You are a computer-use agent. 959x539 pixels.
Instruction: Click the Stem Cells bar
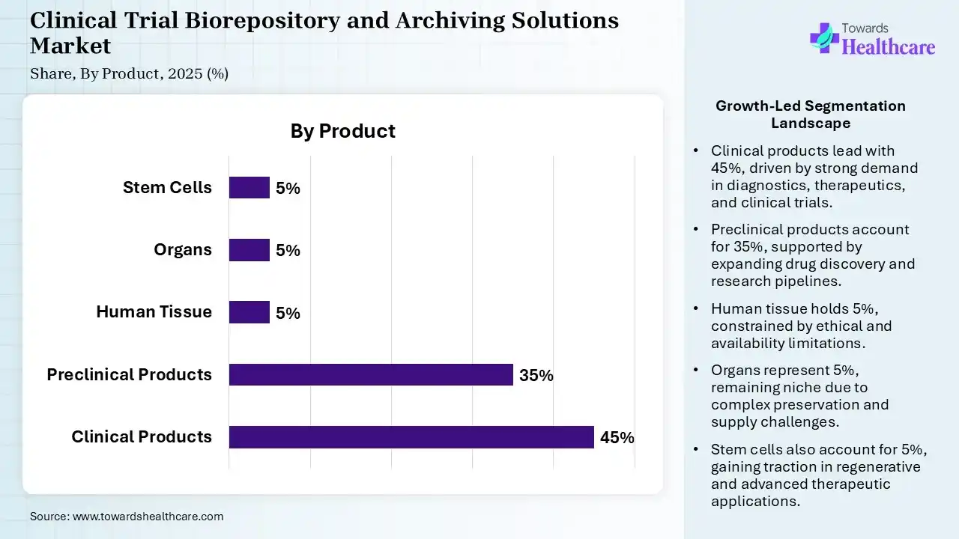pos(249,188)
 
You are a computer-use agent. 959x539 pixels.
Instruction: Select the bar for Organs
pos(249,250)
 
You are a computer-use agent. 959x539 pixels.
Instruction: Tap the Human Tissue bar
pos(249,312)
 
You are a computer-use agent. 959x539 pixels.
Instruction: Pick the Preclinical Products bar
pos(371,374)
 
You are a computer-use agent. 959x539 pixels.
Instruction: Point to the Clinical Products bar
pos(411,437)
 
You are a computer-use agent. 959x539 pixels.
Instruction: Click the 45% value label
pos(617,438)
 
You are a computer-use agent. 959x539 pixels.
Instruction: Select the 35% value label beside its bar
pos(536,376)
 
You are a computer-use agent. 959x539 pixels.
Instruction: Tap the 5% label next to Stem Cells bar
pos(288,189)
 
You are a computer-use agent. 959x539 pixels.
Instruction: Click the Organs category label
pos(183,250)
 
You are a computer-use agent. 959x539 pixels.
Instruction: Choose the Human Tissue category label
pos(154,312)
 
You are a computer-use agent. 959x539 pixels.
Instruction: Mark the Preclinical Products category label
pos(129,374)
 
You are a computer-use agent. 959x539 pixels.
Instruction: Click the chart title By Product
pos(342,131)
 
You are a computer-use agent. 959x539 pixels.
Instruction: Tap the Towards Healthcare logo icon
pos(824,37)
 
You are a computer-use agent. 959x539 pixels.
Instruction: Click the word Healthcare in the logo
pos(889,47)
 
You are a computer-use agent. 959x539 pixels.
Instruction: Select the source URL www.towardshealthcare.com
pos(148,517)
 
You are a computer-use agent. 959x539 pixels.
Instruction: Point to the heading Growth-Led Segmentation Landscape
pos(810,115)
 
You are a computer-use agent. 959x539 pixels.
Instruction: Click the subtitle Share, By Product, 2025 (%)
pos(129,74)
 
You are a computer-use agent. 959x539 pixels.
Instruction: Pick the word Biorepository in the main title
pos(248,20)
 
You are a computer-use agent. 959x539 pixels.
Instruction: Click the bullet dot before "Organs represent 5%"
pos(697,371)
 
